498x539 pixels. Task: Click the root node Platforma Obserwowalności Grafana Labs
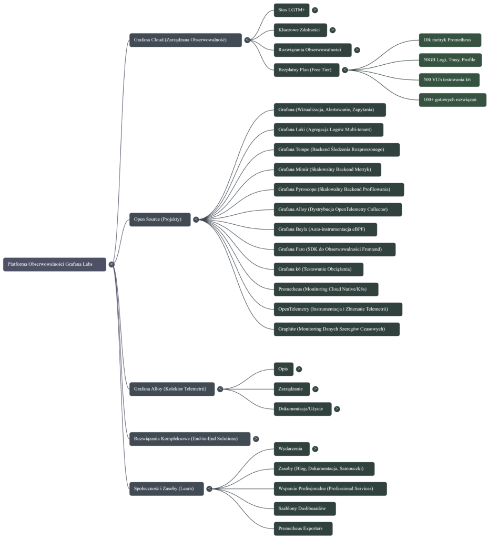[x=54, y=264]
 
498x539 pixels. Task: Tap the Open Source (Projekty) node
[x=159, y=219]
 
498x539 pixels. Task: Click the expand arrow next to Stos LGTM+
[x=314, y=10]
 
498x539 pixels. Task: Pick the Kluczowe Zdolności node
[x=300, y=30]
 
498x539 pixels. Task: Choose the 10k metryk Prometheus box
[x=442, y=40]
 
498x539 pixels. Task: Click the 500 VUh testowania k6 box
[x=449, y=80]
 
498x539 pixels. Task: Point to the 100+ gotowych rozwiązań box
[x=452, y=100]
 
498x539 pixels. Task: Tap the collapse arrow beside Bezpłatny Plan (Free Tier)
[x=345, y=70]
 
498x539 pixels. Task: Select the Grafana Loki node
[x=328, y=130]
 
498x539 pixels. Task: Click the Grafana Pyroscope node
[x=339, y=189]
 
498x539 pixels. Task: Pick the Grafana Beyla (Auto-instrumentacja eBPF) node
[x=325, y=229]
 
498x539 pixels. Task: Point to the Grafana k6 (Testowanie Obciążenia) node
[x=318, y=269]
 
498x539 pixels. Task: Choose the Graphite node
[x=336, y=329]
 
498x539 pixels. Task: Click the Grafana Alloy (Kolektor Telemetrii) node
[x=171, y=390]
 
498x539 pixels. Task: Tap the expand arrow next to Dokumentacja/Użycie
[x=337, y=409]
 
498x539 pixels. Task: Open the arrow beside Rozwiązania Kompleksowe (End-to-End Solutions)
[x=256, y=438]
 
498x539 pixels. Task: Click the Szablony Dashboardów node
[x=304, y=508]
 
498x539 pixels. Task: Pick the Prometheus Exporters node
[x=303, y=528]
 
